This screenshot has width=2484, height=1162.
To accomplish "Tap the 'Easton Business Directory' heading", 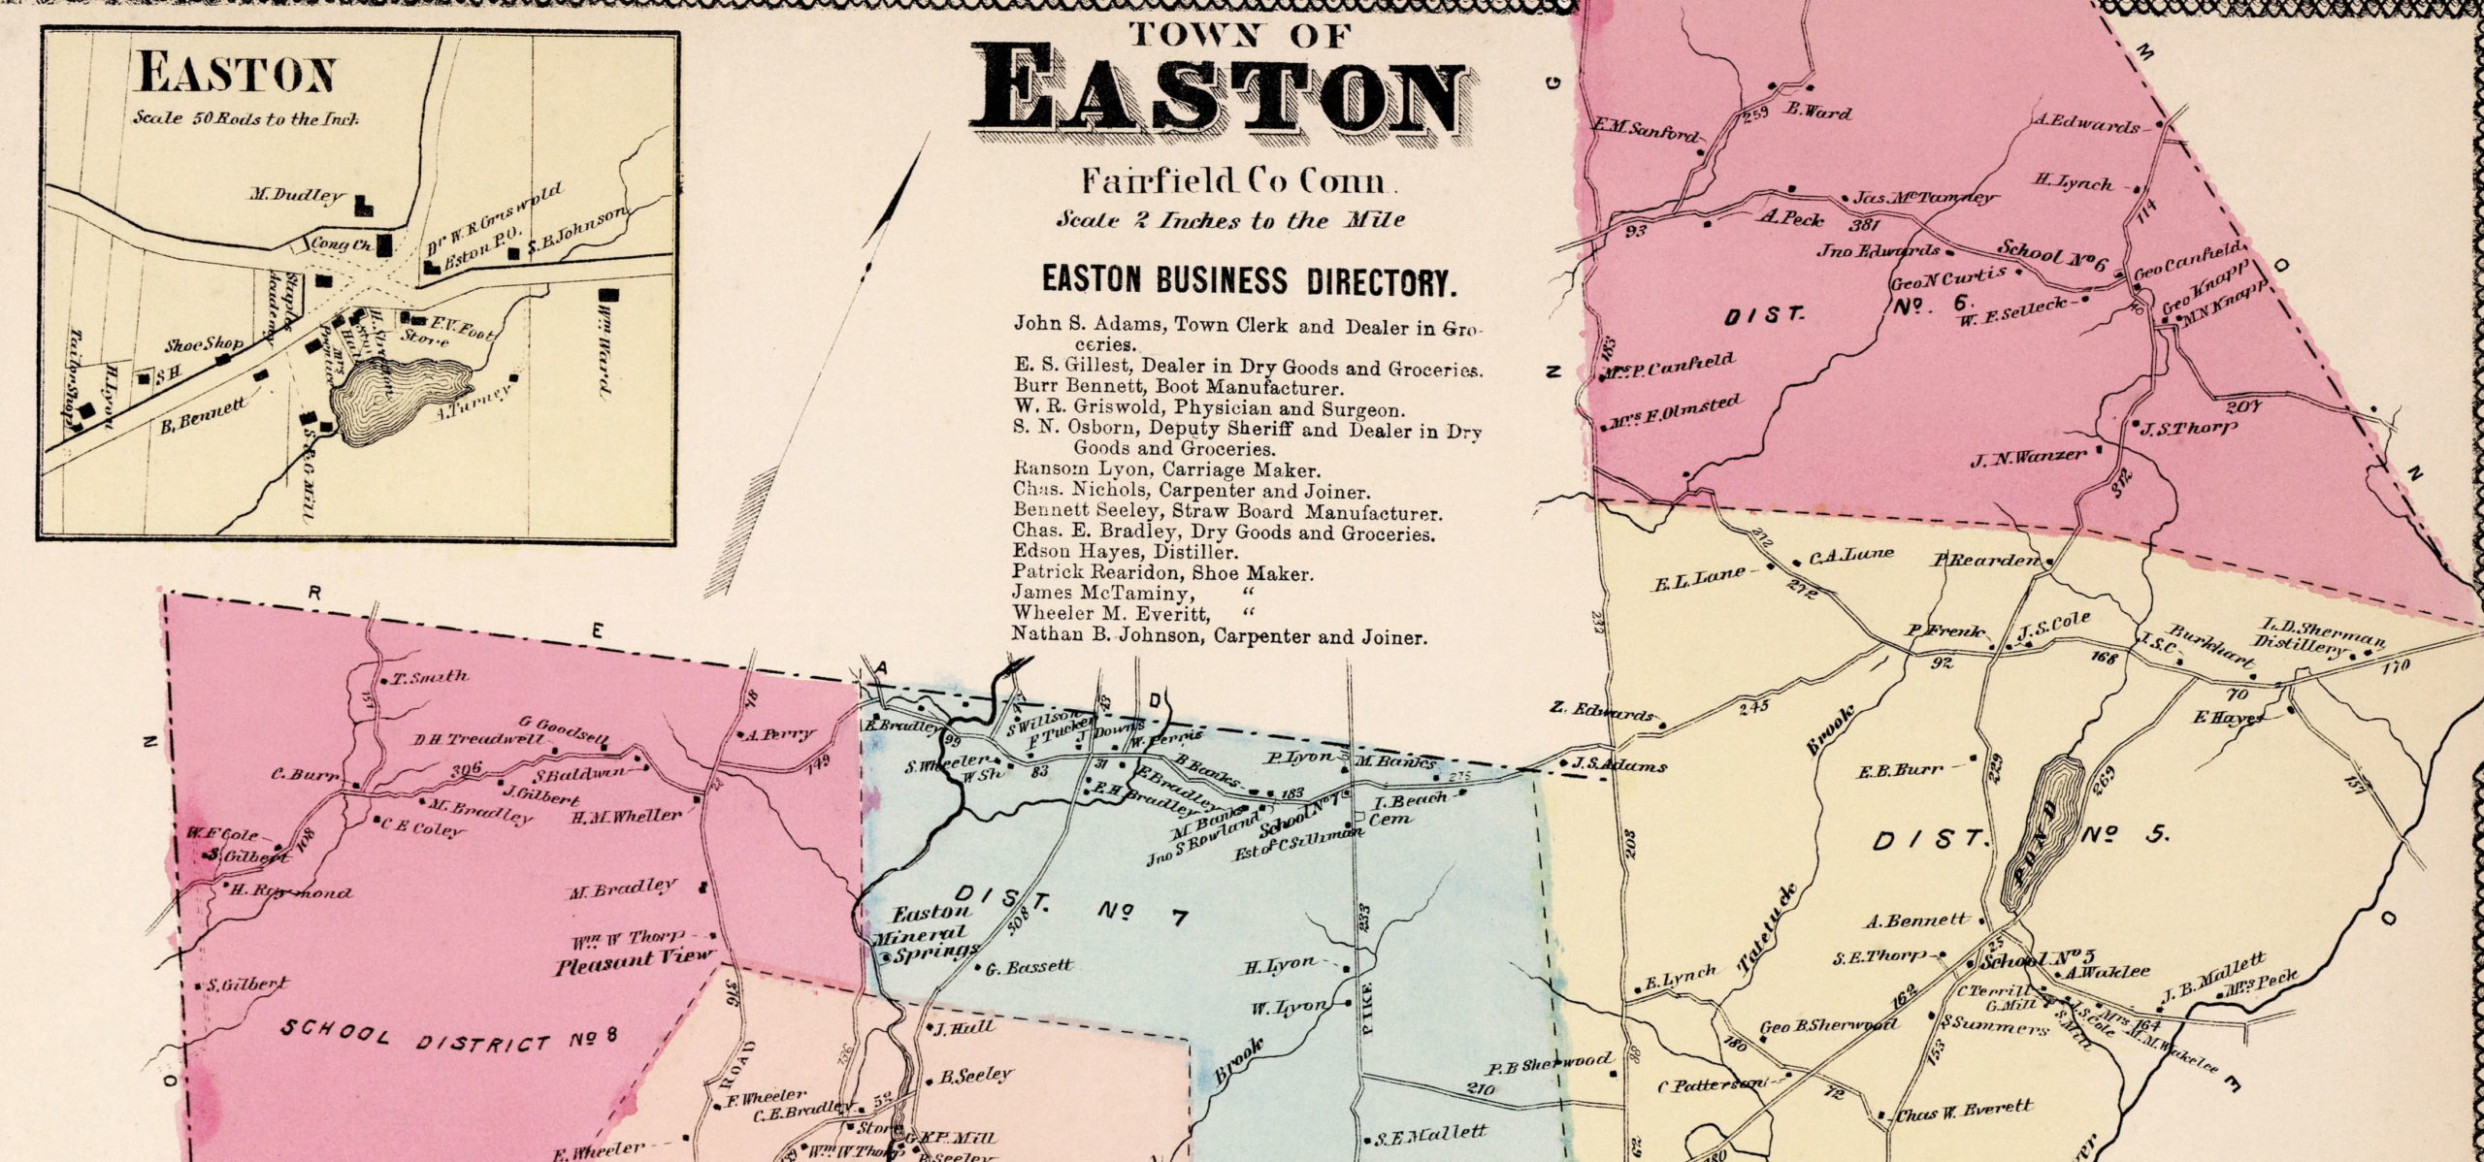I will coord(1249,282).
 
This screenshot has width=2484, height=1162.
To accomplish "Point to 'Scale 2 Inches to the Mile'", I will coord(1229,220).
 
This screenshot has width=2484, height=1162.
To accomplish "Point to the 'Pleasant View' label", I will coord(634,966).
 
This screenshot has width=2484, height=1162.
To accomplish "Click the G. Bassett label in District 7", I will coord(1029,967).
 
